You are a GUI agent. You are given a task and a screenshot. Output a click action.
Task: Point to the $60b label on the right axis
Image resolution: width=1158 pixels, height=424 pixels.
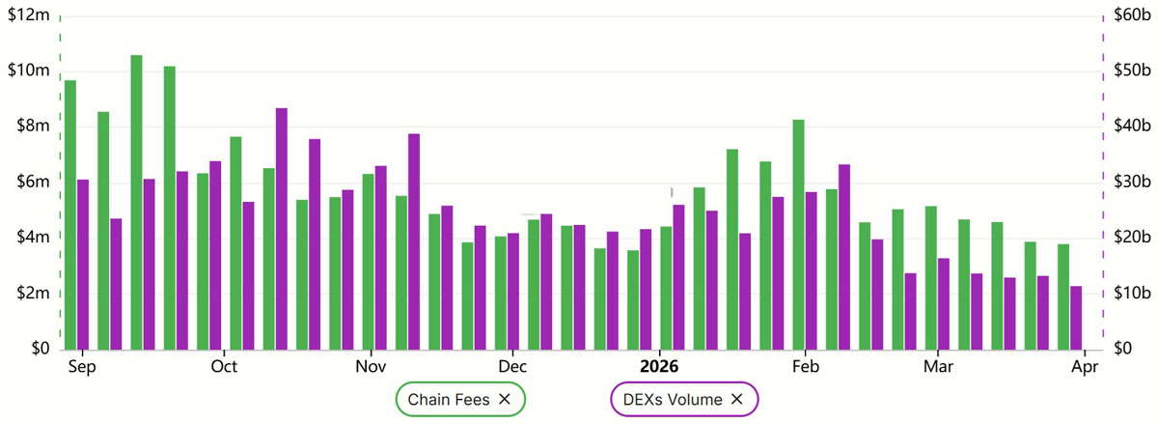1128,15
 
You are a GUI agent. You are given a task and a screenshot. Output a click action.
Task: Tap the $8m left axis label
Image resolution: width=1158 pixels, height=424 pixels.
27,127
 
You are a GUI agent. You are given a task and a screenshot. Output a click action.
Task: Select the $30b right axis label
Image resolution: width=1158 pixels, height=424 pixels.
1128,183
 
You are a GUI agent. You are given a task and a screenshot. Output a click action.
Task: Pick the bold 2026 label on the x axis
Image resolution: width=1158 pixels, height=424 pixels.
660,367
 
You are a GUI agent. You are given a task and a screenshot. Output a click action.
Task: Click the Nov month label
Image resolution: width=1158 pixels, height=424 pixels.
372,367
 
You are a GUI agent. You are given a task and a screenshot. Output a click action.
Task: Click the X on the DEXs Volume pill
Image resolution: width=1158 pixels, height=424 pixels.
737,399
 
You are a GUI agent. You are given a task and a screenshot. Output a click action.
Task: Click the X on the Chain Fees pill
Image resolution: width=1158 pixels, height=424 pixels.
505,399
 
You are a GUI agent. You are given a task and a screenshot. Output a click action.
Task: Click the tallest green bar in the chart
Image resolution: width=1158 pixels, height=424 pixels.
136,203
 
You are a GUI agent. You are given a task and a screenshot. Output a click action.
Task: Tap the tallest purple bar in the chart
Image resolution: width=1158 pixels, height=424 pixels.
281,229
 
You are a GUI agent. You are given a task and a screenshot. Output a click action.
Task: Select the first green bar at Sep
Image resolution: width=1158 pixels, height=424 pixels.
70,214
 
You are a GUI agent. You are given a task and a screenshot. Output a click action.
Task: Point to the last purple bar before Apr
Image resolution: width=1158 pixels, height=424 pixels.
1076,318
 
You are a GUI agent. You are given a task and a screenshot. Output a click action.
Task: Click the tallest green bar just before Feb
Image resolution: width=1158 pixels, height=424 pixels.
798,235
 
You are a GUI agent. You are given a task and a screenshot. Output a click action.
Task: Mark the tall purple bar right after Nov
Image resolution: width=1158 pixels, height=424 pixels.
414,241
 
